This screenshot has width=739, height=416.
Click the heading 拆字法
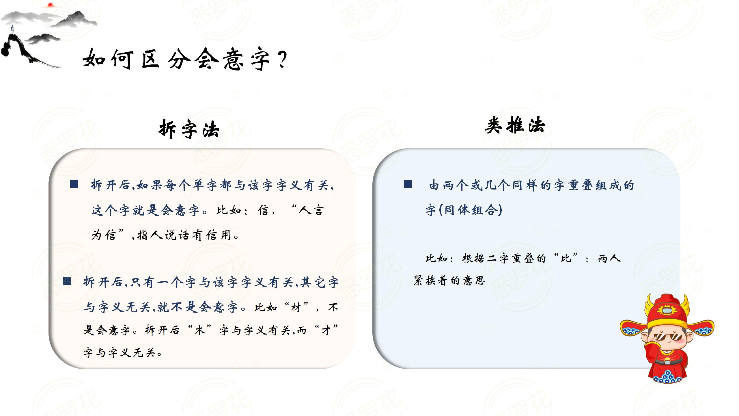(189, 129)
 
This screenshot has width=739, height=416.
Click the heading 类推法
(515, 125)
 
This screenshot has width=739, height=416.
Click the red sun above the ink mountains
(50, 5)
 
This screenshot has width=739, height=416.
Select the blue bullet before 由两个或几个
(408, 184)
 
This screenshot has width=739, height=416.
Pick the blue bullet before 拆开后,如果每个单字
(74, 184)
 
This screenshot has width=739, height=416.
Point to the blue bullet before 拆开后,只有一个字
(67, 281)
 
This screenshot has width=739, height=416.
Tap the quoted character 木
(200, 330)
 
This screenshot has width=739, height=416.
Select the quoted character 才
(326, 330)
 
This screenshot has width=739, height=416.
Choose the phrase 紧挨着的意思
(449, 281)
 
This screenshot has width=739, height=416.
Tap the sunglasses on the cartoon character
(667, 337)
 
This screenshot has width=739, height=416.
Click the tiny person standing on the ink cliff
(12, 29)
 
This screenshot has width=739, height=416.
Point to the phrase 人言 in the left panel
(311, 210)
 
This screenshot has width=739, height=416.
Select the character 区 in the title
(150, 59)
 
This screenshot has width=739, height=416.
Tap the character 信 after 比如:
(263, 210)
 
